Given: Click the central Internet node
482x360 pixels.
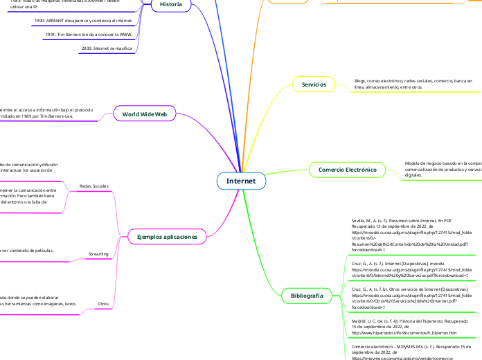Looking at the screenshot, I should pos(240,181).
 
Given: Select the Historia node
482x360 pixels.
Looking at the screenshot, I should pos(171,4).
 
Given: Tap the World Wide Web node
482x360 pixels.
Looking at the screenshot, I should pos(144,114).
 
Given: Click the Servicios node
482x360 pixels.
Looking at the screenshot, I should pos(314,84).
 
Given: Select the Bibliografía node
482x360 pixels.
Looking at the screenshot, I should pos(303,296).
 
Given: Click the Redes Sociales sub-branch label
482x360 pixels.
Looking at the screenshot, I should pos(94,186).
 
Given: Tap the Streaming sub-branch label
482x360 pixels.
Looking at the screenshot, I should pos(98,255).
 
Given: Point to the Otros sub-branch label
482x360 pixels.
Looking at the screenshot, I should pos(102,304).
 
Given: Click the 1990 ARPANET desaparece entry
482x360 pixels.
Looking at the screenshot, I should pos(82,21).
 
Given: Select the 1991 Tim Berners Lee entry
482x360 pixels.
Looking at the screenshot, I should pos(89,34).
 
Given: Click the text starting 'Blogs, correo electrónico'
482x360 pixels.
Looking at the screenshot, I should pos(413,84).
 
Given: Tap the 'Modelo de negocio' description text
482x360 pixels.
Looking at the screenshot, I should pos(443,169).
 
